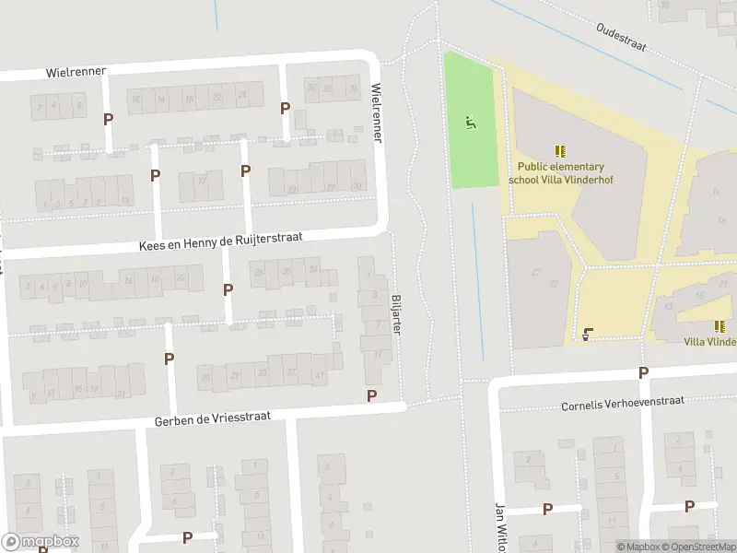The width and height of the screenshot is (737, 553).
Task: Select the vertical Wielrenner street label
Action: [376, 112]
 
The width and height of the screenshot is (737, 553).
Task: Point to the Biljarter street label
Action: [397, 314]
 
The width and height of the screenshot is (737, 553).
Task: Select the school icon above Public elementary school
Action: [560, 151]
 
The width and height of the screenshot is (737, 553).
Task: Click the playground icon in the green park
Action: [471, 122]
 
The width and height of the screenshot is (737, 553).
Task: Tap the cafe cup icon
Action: [588, 334]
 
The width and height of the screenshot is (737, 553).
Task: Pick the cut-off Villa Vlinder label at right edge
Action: [709, 342]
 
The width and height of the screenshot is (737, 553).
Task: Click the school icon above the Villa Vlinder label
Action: [719, 326]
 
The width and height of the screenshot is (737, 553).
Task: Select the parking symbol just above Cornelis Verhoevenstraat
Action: [643, 372]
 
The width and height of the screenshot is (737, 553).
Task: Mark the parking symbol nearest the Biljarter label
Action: [372, 395]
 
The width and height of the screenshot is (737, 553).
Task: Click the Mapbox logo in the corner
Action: [41, 542]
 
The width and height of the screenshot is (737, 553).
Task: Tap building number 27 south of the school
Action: [534, 272]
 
